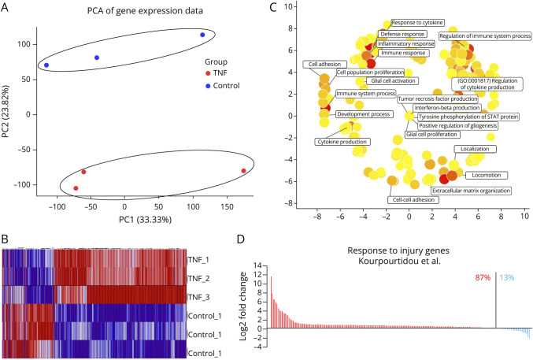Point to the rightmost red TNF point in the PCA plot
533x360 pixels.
click(x=244, y=171)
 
